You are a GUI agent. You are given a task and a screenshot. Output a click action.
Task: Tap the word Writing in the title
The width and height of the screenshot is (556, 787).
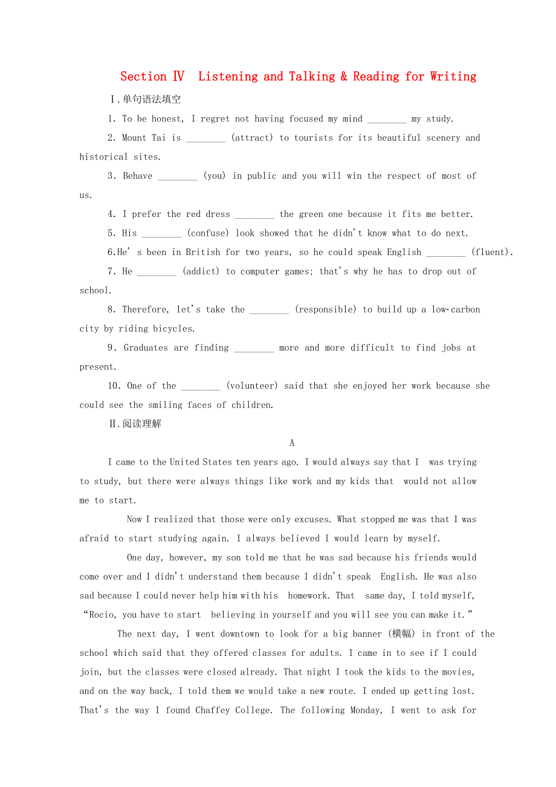(453, 77)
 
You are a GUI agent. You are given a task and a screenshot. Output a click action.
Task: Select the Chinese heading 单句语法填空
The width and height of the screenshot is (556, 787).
(151, 100)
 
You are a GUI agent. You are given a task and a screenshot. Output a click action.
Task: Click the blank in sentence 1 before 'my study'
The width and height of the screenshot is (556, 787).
(387, 120)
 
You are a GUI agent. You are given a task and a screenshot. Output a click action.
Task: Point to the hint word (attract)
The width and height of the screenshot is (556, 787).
(252, 138)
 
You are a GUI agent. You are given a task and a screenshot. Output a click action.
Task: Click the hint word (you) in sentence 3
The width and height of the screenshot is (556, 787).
(215, 176)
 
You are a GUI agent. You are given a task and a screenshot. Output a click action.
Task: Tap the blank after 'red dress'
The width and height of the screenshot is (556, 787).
(254, 215)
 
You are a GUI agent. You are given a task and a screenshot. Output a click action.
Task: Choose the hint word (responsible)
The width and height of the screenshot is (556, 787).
(326, 309)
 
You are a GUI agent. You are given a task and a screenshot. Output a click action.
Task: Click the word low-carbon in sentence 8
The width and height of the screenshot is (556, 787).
(456, 309)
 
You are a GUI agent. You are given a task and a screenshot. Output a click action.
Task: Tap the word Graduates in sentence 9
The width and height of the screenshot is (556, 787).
(146, 348)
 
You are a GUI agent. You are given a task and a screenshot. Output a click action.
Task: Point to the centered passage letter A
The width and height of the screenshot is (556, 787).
(292, 443)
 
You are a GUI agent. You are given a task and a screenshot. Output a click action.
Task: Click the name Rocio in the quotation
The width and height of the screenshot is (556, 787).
(103, 615)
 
